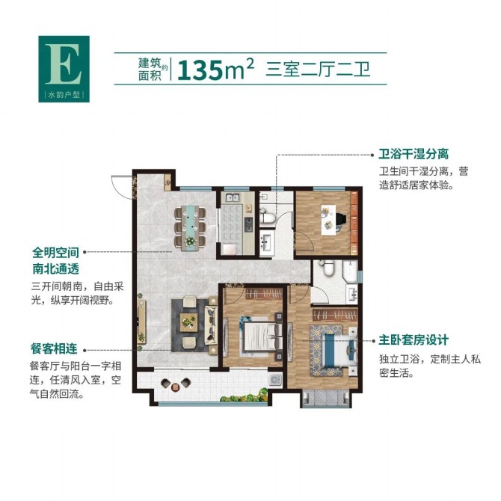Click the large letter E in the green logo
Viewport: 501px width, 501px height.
click(64, 64)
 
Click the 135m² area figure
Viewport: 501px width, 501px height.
click(215, 69)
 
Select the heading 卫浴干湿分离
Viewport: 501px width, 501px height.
click(414, 154)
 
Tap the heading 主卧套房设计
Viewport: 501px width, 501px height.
click(414, 340)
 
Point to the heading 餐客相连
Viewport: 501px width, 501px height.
click(54, 348)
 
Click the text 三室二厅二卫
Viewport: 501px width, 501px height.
click(318, 70)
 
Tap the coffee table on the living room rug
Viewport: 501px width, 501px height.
click(189, 322)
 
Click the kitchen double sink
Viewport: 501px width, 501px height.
click(233, 197)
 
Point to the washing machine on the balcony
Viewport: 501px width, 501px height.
click(274, 379)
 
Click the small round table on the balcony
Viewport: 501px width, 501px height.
click(175, 387)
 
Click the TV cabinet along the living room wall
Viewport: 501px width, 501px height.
click(141, 322)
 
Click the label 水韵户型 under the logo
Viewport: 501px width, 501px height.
click(64, 94)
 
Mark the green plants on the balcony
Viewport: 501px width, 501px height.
click(245, 396)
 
